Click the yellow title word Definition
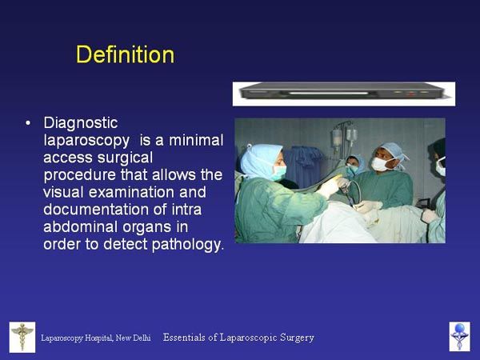[126, 54]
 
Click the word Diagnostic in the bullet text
[81, 123]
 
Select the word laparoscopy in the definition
[86, 141]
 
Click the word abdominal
[81, 227]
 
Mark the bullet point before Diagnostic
[28, 123]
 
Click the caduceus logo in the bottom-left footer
[22, 337]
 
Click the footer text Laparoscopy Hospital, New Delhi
[96, 338]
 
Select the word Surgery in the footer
[295, 338]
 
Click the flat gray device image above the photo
[344, 94]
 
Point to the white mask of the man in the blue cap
[379, 164]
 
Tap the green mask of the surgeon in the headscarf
[279, 172]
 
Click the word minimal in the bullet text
[196, 141]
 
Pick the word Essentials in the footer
[184, 338]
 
